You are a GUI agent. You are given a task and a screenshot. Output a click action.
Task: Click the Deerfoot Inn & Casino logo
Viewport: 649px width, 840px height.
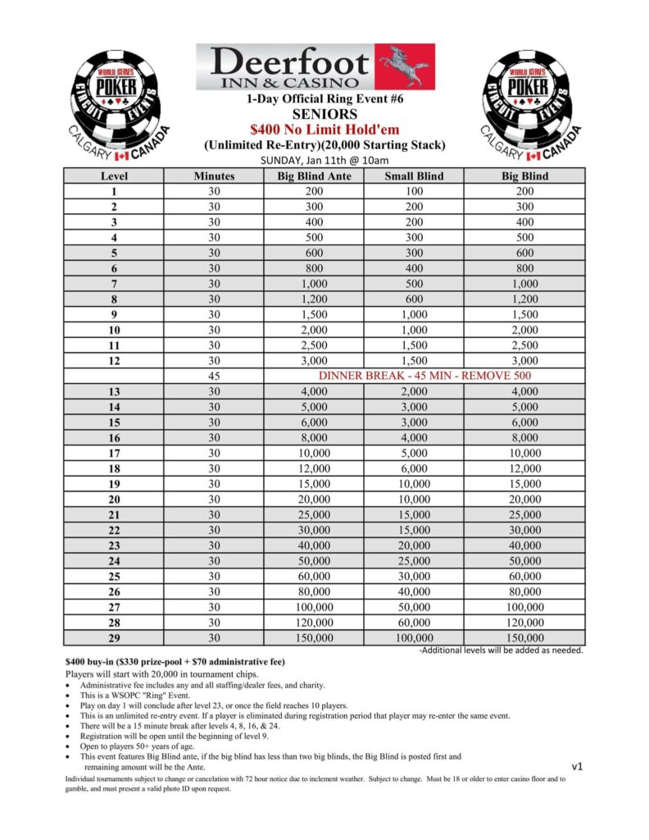pos(315,66)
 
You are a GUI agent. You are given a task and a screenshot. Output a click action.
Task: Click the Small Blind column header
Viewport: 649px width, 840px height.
pos(414,176)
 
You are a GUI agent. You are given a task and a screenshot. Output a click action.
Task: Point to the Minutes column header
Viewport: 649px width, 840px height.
pos(214,176)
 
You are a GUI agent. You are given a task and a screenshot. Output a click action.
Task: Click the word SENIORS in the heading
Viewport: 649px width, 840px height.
pos(325,114)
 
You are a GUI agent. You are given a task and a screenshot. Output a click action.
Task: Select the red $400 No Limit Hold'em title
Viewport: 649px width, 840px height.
pos(325,130)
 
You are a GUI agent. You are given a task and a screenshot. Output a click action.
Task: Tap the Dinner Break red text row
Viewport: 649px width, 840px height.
pos(424,376)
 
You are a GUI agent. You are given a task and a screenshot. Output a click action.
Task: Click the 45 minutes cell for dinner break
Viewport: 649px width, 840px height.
pos(214,376)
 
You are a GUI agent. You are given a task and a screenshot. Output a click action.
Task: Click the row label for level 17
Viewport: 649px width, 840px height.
pos(114,453)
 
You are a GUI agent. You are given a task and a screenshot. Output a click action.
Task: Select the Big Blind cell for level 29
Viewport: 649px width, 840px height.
pos(524,637)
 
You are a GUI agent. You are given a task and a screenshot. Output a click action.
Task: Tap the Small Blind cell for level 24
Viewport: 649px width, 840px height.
pos(414,560)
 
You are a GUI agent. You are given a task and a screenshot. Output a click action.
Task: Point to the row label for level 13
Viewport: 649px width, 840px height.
pos(114,391)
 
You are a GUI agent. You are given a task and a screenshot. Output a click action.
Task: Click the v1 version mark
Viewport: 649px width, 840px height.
pos(577,766)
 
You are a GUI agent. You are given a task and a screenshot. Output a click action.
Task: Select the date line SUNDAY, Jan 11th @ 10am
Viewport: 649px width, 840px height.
pos(324,160)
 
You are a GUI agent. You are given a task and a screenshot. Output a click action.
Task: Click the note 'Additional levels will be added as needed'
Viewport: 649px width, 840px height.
pos(501,651)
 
